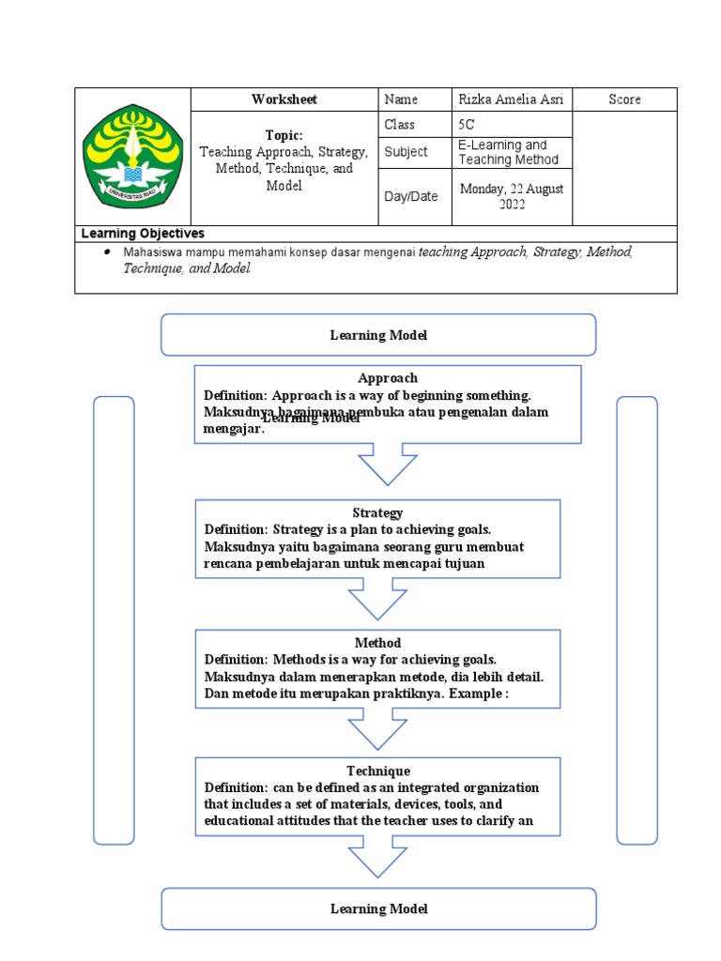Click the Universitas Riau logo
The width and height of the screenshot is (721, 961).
tap(132, 157)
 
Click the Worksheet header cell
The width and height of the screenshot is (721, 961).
tap(284, 99)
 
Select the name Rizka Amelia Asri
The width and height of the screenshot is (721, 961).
tap(511, 99)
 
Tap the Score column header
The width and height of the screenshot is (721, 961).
tap(624, 99)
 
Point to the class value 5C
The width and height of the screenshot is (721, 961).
tap(467, 125)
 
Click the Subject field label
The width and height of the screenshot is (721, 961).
tap(406, 152)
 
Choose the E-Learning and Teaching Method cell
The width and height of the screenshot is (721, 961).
tap(511, 152)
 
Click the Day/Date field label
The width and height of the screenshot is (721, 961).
tap(411, 196)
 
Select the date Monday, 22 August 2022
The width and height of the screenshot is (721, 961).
tap(511, 196)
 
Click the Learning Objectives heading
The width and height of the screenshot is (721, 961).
tap(143, 234)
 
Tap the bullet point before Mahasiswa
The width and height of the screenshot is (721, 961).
tap(107, 253)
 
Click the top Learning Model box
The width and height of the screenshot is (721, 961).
tap(378, 335)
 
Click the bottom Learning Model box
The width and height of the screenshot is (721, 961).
tap(378, 908)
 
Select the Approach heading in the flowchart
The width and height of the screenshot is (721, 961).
tap(387, 378)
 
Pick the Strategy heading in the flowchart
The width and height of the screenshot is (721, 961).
tap(377, 512)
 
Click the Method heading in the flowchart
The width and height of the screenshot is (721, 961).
tap(377, 643)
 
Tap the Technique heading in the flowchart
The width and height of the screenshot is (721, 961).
tap(377, 770)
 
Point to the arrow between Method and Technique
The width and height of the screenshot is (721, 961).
tap(377, 729)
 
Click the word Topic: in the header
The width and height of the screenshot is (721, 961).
tap(284, 135)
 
